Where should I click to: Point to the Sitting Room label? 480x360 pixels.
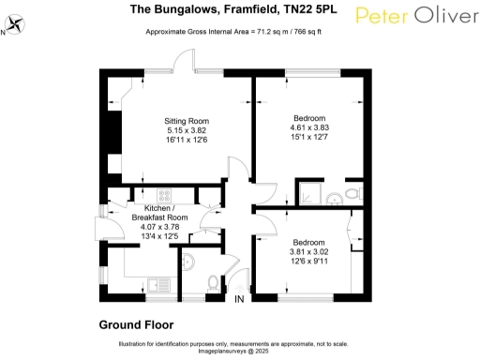click(x=187, y=121)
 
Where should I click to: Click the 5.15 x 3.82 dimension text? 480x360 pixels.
click(x=187, y=130)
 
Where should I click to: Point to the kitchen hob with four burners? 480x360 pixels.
click(x=165, y=196)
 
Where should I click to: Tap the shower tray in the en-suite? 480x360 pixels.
click(x=317, y=193)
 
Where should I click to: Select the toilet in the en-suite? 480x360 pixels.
click(x=352, y=194)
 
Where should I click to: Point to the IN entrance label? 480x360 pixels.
click(x=240, y=300)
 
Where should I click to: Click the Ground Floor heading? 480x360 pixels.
click(x=136, y=324)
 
